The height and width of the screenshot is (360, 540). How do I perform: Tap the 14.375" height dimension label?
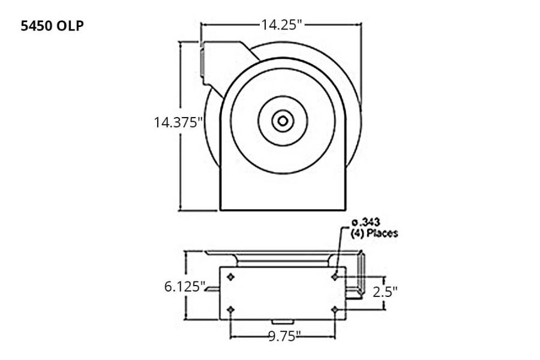(x=178, y=122)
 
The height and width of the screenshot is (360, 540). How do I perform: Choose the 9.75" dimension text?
(x=284, y=336)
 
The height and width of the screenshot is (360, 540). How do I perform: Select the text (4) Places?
(x=374, y=233)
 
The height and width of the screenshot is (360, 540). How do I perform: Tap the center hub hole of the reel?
(x=283, y=121)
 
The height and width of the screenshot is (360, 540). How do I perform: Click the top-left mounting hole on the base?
(x=231, y=277)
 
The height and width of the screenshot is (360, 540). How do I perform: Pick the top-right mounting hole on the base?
(x=335, y=277)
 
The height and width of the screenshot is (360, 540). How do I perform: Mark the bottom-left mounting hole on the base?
(x=231, y=310)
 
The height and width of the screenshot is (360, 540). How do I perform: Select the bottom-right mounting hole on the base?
(x=335, y=310)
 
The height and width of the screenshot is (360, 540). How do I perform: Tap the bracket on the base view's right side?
(x=359, y=276)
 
